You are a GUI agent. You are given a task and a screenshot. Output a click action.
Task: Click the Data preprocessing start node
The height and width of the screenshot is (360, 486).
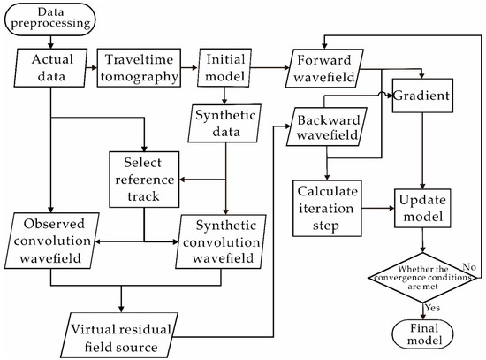tap(50, 19)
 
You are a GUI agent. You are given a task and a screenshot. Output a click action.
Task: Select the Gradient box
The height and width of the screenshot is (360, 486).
tap(424, 93)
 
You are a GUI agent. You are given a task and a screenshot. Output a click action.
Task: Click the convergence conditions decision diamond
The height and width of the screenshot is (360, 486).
tap(425, 276)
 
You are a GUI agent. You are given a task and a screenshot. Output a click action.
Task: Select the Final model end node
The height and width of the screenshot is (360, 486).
tap(425, 333)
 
